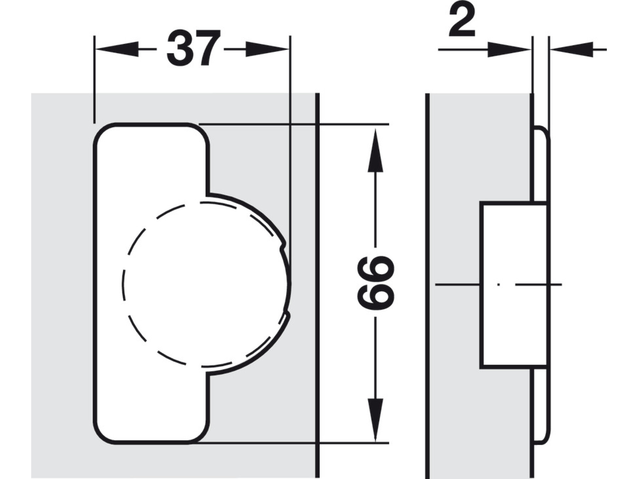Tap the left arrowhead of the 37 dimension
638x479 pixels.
pyautogui.click(x=117, y=49)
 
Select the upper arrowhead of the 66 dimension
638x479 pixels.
pyautogui.click(x=375, y=150)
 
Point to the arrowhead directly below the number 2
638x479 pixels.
pyautogui.click(x=509, y=49)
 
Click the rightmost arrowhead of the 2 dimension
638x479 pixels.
pyautogui.click(x=572, y=49)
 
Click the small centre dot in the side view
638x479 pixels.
pyautogui.click(x=498, y=284)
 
